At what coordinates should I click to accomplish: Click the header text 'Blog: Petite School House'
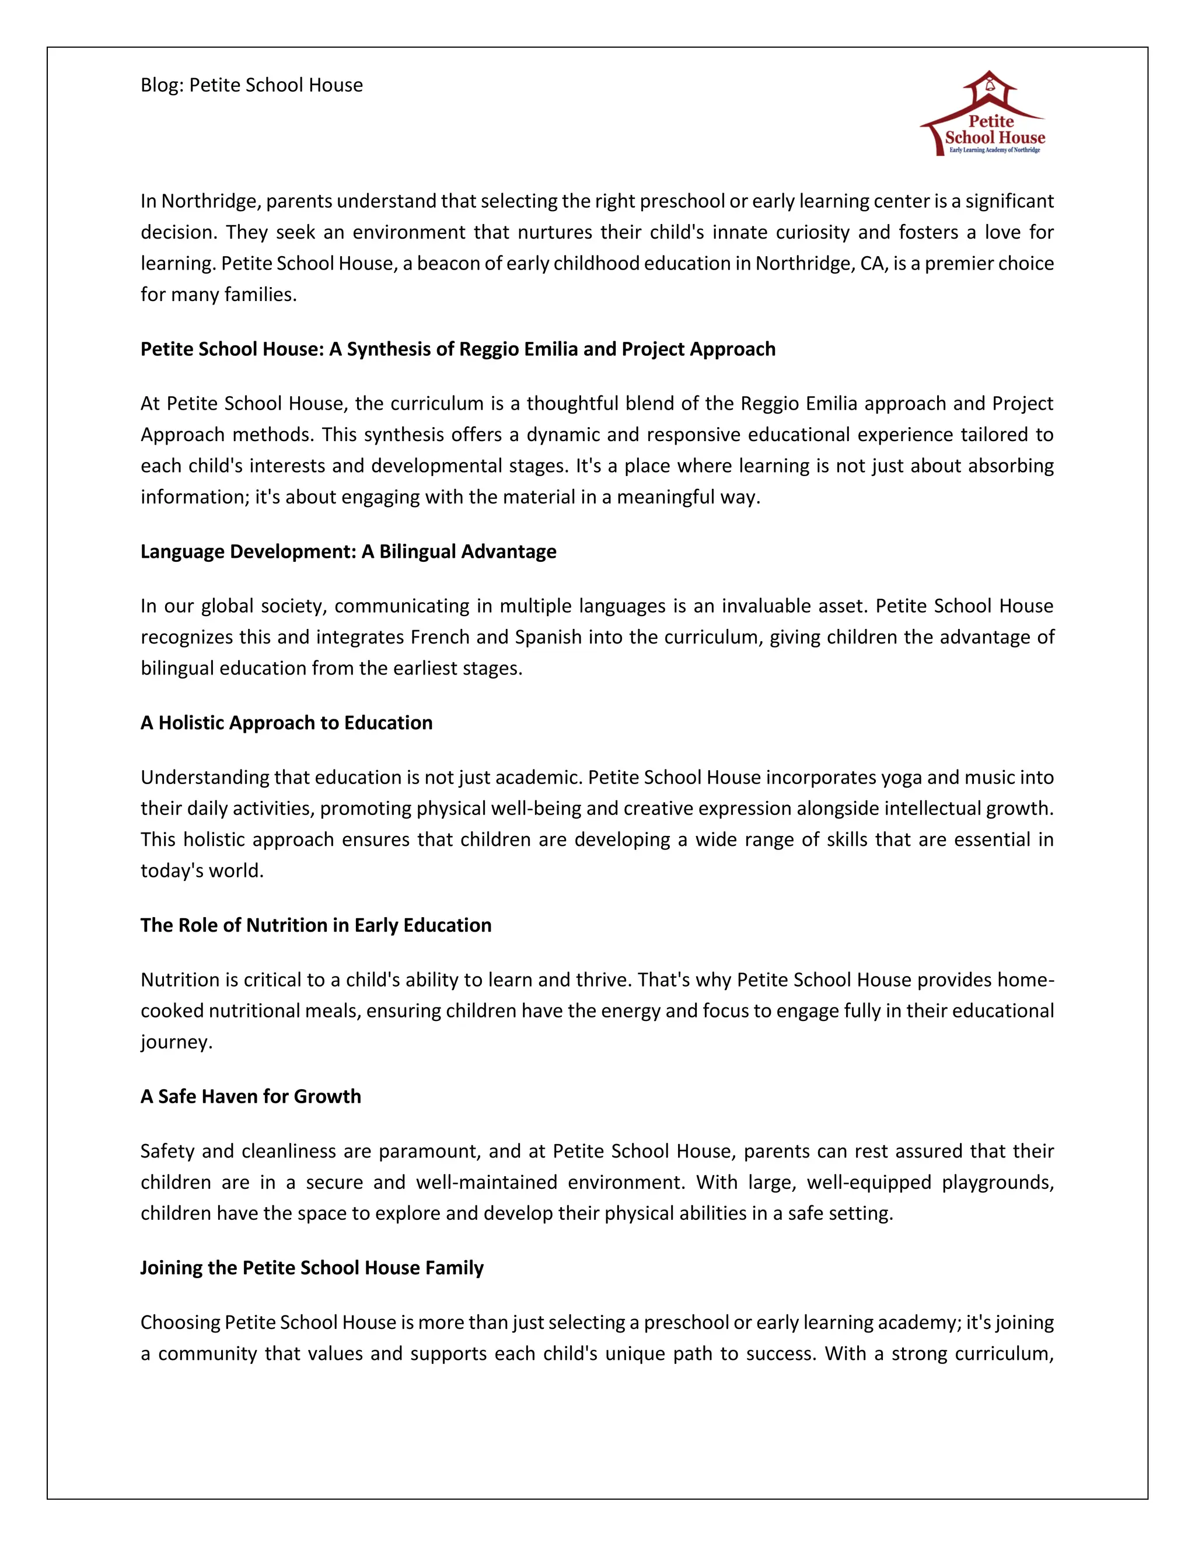pos(251,85)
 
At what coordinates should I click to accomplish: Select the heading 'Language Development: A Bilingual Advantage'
pos(348,551)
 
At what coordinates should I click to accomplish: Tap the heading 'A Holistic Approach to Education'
pos(286,723)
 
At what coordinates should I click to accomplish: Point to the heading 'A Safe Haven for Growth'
pos(250,1097)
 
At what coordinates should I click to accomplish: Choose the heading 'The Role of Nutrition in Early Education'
pos(316,925)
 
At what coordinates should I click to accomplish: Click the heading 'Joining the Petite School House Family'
pos(312,1268)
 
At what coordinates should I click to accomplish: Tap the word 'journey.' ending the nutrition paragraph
pos(176,1042)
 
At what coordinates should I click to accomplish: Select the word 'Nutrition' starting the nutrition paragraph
pos(180,980)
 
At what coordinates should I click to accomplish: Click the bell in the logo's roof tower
pos(990,86)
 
